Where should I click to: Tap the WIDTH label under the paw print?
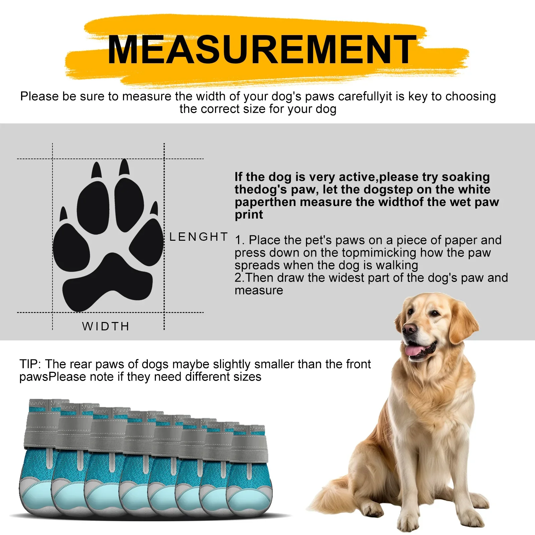[x=106, y=326]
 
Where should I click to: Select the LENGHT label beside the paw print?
[x=199, y=237]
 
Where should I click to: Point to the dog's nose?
[x=409, y=329]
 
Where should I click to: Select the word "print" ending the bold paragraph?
[x=249, y=215]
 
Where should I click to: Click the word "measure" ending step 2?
[x=259, y=290]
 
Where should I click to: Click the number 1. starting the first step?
[x=240, y=240]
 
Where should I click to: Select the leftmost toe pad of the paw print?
[x=71, y=247]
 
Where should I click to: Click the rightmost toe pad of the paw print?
[x=147, y=241]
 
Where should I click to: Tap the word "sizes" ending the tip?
[x=248, y=377]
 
